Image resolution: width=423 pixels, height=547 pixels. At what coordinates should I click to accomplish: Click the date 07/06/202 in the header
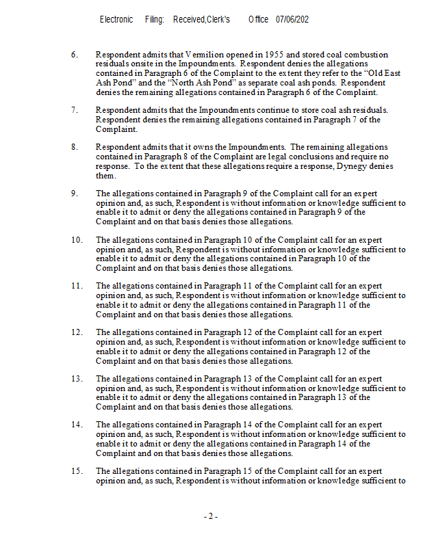292,20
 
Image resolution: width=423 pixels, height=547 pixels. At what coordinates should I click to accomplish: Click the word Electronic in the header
116,20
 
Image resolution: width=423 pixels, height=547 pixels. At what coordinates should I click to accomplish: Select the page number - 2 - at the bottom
211,516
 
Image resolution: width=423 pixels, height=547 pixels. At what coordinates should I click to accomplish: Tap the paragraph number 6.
74,54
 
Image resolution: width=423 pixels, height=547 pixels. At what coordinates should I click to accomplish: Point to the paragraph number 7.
74,109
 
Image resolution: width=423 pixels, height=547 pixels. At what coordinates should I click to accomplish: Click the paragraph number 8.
74,147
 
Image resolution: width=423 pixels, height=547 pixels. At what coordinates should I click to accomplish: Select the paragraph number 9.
74,194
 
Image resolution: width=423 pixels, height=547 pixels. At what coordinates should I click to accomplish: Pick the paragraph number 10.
76,240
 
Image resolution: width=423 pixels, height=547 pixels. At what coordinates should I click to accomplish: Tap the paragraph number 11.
76,286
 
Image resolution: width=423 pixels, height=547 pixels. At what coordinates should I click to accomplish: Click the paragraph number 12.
76,332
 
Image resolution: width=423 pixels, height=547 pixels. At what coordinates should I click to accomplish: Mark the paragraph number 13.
76,378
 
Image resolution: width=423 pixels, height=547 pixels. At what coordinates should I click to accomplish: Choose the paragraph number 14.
76,425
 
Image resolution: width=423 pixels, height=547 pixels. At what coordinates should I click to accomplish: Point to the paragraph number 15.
76,471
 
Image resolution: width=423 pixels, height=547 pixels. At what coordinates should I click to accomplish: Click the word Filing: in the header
155,20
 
